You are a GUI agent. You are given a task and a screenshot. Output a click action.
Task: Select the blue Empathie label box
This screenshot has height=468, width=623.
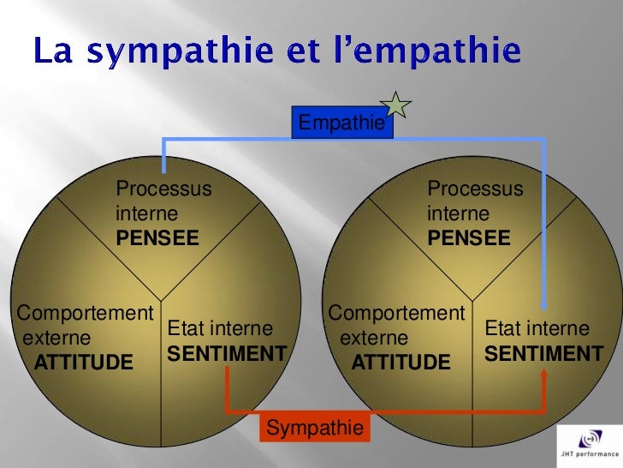(340, 123)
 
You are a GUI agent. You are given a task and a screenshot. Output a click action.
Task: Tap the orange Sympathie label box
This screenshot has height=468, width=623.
(315, 428)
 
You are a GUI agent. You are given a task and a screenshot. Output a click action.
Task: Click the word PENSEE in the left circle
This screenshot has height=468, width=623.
(157, 237)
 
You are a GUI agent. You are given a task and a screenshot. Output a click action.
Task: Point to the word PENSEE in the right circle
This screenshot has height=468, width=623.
(469, 237)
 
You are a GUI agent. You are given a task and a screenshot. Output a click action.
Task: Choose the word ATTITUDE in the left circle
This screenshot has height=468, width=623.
(84, 363)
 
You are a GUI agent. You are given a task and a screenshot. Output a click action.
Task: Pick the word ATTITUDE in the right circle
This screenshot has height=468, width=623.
(400, 363)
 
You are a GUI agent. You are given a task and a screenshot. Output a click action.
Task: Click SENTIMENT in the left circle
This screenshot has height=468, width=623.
(226, 353)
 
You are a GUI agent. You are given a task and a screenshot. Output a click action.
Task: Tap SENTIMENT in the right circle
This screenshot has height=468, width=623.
(543, 353)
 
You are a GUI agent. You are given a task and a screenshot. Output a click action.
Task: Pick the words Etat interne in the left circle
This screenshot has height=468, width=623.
(220, 329)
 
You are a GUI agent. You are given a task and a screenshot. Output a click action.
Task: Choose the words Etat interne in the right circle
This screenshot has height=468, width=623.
(537, 329)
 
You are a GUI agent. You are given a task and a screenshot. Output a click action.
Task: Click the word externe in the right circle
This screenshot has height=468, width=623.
(374, 339)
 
